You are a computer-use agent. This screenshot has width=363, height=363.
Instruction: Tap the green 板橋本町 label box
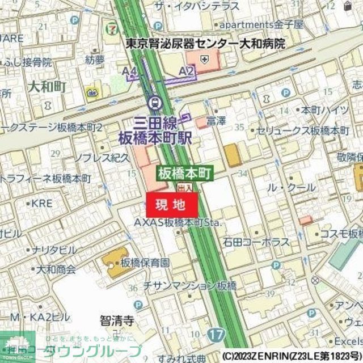(184, 172)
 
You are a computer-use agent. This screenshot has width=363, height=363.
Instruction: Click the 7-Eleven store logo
(114, 26)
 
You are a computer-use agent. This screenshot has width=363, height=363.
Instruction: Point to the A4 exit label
(130, 71)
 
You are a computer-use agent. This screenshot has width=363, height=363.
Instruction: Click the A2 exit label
(186, 71)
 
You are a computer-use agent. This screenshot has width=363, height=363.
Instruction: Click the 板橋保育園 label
(145, 263)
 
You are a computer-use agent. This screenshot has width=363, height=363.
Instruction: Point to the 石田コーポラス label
(256, 242)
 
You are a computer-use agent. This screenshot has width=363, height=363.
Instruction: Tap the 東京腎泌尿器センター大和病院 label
(205, 43)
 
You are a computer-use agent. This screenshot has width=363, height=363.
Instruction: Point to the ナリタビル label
(54, 250)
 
